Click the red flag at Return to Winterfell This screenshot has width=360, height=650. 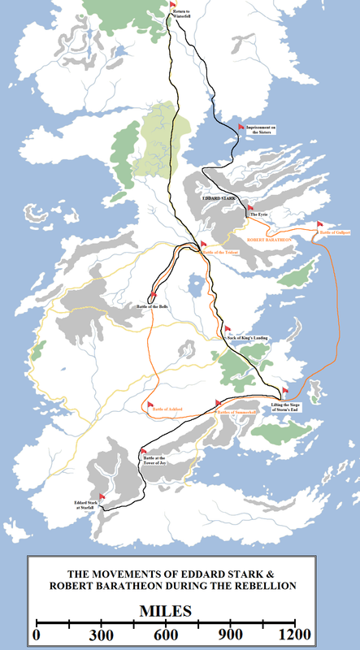click(173, 5)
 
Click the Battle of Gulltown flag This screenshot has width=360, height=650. click(319, 224)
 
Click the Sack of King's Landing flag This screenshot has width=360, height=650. click(228, 329)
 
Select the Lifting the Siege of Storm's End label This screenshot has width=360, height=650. click(291, 409)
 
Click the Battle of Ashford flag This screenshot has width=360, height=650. click(149, 404)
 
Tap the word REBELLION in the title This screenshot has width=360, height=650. click(262, 585)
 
